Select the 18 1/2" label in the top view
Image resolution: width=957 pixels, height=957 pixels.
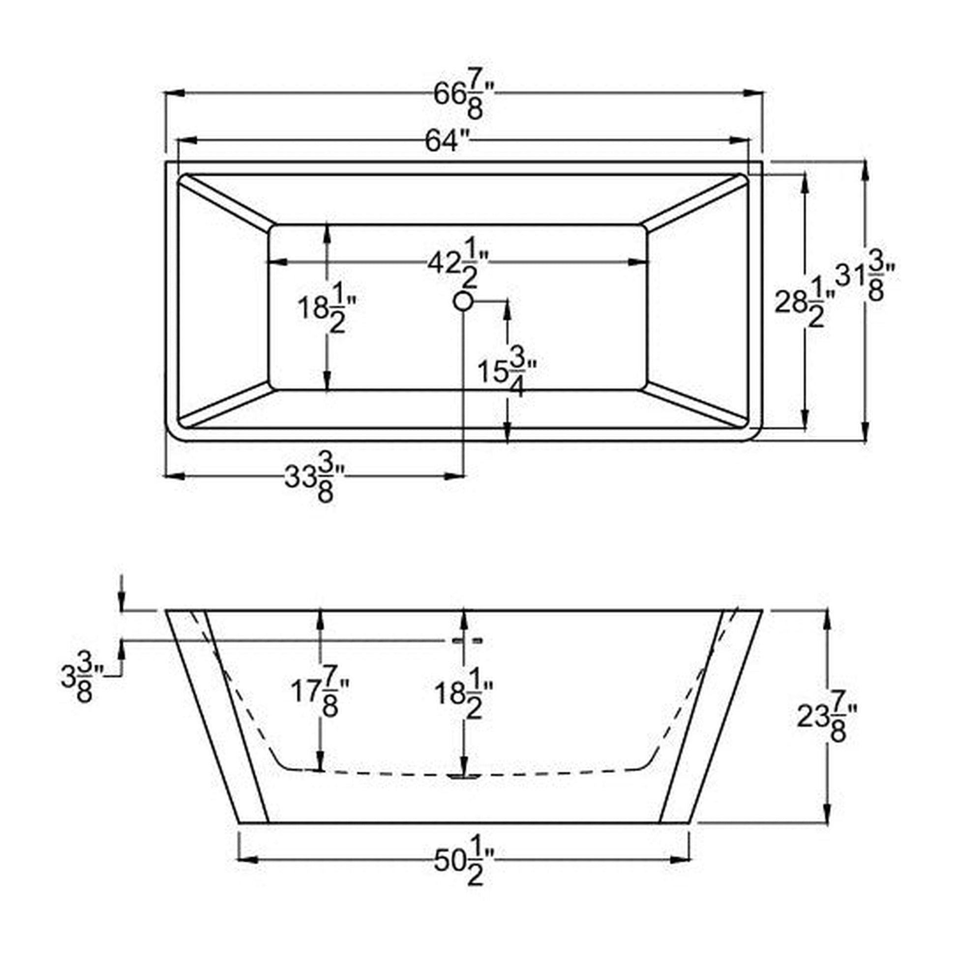(327, 307)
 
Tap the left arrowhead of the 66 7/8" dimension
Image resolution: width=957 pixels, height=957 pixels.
(172, 92)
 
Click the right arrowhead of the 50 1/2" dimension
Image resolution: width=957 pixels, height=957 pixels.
(683, 861)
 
